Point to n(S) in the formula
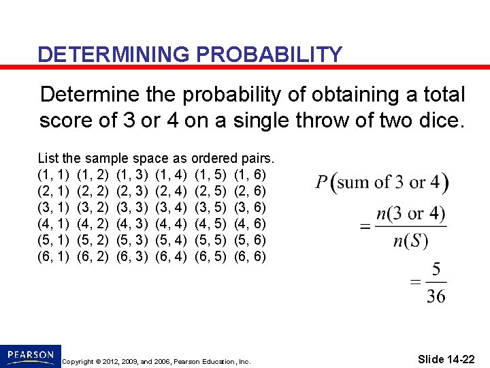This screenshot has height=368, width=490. pyautogui.click(x=411, y=241)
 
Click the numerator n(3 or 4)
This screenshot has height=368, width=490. pyautogui.click(x=411, y=214)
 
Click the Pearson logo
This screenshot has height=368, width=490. pyautogui.click(x=30, y=355)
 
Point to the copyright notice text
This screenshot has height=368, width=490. pyautogui.click(x=156, y=361)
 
